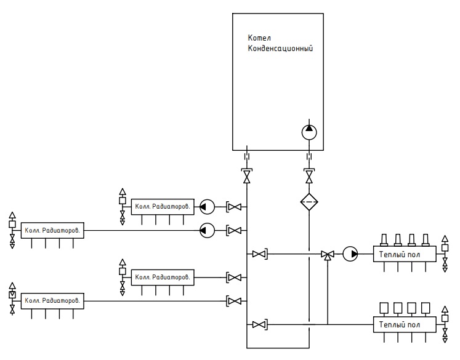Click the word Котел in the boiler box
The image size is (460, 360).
click(x=259, y=38)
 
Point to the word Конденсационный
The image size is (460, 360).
click(x=280, y=49)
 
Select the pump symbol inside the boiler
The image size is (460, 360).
click(x=309, y=132)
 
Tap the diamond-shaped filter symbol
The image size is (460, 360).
click(x=309, y=202)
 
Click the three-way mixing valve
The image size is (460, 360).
click(x=328, y=255)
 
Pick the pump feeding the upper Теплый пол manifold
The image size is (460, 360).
click(x=350, y=254)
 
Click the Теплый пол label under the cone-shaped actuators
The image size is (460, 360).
click(x=399, y=255)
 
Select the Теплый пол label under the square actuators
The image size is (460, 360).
click(x=399, y=325)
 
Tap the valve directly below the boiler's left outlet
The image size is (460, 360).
click(x=247, y=176)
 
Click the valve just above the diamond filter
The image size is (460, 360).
click(x=309, y=176)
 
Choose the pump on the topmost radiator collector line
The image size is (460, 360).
click(x=207, y=207)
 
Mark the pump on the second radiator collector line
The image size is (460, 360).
click(x=207, y=230)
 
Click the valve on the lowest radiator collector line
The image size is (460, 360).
click(x=234, y=301)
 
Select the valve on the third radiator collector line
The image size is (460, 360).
click(x=234, y=278)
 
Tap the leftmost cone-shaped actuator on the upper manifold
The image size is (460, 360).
click(x=384, y=240)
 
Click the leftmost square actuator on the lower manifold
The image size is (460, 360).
click(x=384, y=308)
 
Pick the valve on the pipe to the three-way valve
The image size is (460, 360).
click(x=260, y=254)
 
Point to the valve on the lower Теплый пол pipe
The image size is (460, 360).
click(x=260, y=324)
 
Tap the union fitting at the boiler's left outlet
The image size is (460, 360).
click(x=247, y=156)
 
